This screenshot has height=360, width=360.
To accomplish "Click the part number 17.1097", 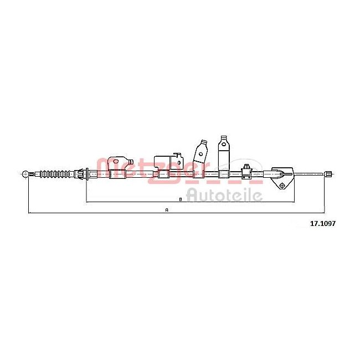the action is pyautogui.click(x=323, y=223).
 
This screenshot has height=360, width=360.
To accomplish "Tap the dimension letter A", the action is pyautogui.click(x=167, y=210).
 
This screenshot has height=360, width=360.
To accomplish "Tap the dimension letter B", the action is pyautogui.click(x=181, y=199).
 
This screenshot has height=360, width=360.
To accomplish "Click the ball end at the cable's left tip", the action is pyautogui.click(x=25, y=174).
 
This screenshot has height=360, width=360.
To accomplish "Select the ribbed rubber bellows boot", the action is pyautogui.click(x=55, y=174).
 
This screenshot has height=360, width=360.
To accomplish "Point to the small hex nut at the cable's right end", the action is pyautogui.click(x=327, y=174).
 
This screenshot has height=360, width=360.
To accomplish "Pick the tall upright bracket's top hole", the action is pyautogui.click(x=224, y=144).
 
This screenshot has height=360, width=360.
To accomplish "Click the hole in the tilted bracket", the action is pyautogui.click(x=200, y=154).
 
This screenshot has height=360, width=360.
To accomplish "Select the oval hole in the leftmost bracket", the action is pyautogui.click(x=116, y=161).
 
